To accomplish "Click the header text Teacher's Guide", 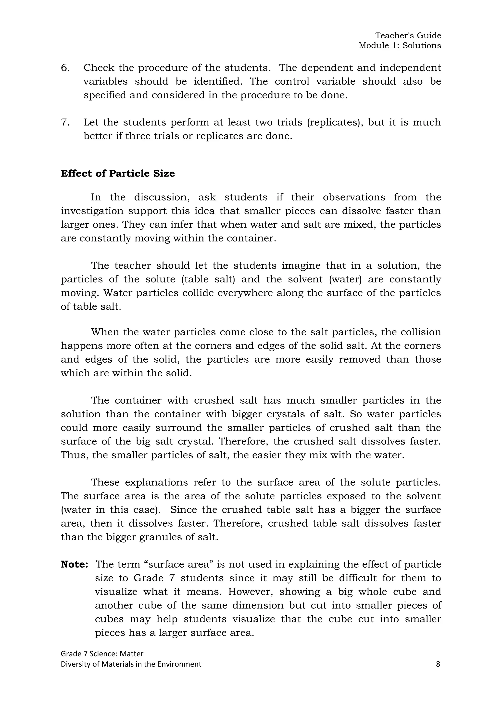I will [408, 36].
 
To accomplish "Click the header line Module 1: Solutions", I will [400, 46].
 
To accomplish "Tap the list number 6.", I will [65, 68].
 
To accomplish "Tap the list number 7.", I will [65, 122].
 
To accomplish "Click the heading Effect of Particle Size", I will [118, 174].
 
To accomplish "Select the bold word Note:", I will [75, 564].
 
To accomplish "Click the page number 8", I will [438, 664].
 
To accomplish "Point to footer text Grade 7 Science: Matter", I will [102, 654].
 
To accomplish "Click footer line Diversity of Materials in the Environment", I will [131, 664].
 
